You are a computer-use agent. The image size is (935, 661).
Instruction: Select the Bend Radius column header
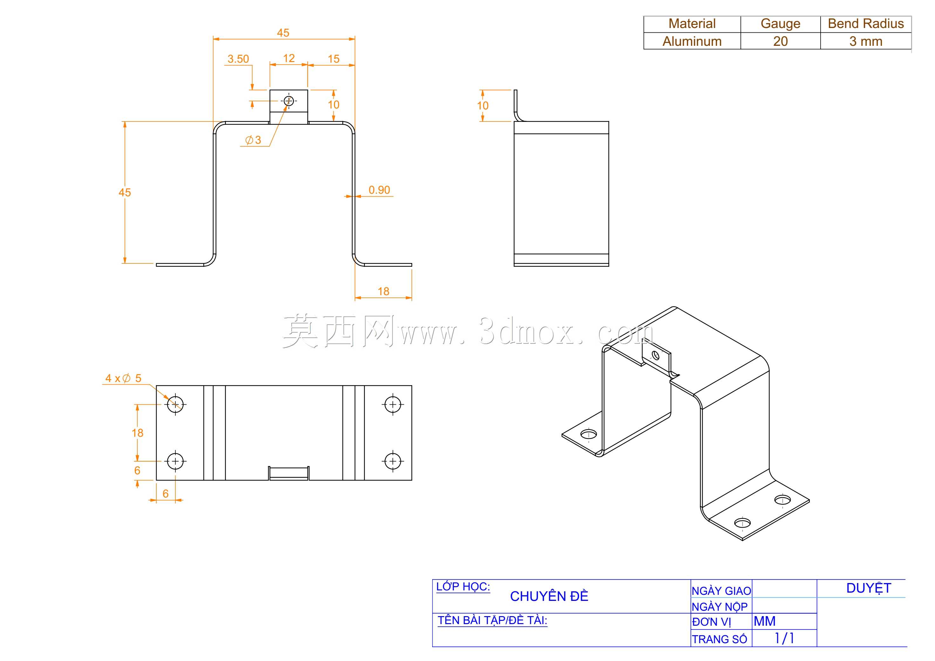866,24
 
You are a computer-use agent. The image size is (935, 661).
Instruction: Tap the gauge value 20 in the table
780,41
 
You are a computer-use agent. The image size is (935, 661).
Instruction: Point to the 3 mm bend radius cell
866,41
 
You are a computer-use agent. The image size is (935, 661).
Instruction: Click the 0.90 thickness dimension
379,190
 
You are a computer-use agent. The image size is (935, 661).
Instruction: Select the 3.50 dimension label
238,59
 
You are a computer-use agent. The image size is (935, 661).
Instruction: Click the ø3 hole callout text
253,140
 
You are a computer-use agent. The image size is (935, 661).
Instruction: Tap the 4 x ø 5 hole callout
123,378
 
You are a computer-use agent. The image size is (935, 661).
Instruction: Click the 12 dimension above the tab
289,58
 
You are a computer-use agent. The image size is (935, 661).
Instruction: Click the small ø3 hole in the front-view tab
289,101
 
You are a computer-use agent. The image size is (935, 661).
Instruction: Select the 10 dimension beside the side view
482,106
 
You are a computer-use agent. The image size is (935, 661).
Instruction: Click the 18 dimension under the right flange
383,291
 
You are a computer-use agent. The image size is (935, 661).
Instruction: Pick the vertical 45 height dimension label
125,192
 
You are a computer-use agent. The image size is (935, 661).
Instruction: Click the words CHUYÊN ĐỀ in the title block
549,596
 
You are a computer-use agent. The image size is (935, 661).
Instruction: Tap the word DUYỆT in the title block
869,588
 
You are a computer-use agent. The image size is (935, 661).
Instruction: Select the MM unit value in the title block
764,621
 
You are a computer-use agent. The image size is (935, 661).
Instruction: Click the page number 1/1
784,638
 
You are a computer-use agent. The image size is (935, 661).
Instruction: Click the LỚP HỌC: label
463,587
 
